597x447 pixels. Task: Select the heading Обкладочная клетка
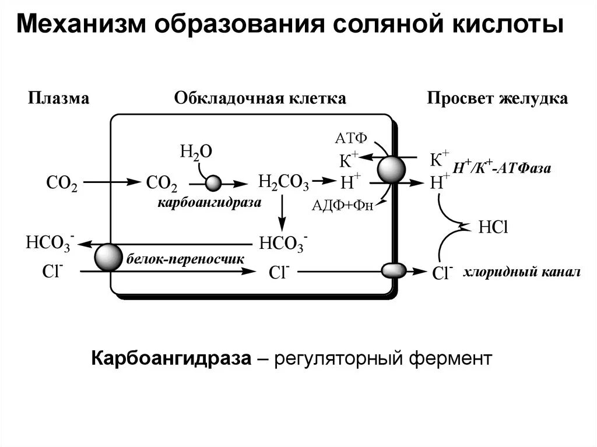260,98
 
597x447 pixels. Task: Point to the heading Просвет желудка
497,98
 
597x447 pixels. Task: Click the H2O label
196,152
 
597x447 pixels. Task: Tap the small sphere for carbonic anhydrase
213,184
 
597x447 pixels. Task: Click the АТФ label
351,138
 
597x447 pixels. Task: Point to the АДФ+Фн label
342,205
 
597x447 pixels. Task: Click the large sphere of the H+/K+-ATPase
391,170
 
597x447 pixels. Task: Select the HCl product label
493,227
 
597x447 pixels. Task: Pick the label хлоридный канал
522,272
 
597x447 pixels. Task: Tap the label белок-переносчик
183,258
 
